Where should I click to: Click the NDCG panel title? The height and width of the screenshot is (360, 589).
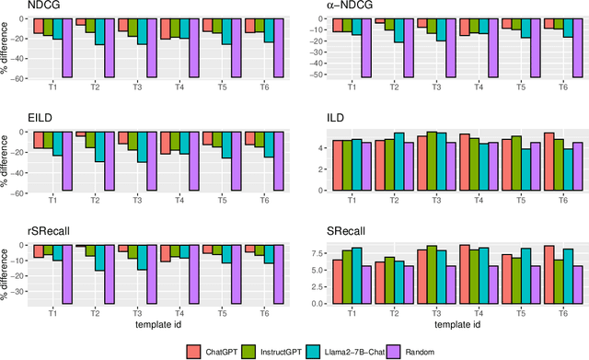[x=16, y=6]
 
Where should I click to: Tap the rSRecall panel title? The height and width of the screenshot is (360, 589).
[x=20, y=234]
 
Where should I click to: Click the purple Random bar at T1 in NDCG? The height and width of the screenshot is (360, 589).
[x=67, y=48]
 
